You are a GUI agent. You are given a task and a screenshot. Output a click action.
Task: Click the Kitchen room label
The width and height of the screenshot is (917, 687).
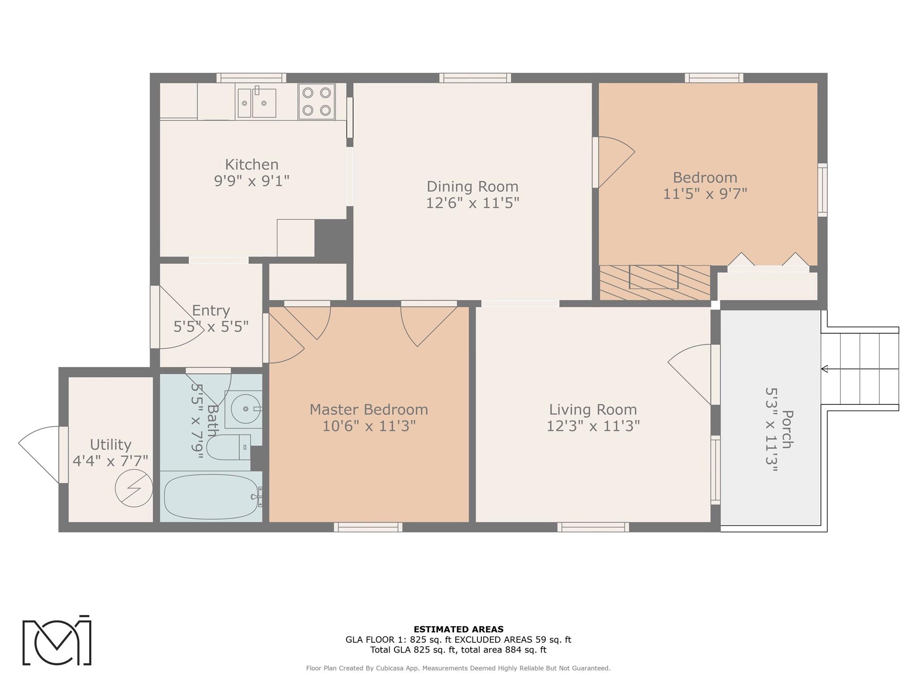pyautogui.click(x=252, y=165)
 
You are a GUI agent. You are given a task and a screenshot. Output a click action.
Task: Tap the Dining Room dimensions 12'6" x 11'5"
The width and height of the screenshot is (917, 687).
pyautogui.click(x=472, y=203)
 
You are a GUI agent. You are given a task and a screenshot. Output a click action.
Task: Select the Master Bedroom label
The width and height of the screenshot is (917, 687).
pyautogui.click(x=369, y=409)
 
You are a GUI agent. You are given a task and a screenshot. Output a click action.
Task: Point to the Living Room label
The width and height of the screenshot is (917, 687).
pyautogui.click(x=593, y=409)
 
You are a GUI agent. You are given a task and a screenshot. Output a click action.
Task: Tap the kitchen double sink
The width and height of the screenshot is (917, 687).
pyautogui.click(x=257, y=102)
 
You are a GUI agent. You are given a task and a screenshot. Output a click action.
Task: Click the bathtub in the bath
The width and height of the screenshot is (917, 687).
pyautogui.click(x=211, y=496)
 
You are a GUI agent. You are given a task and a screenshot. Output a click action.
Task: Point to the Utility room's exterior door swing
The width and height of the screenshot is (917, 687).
pyautogui.click(x=39, y=454)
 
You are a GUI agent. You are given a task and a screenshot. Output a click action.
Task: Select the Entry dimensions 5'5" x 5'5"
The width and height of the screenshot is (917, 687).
pyautogui.click(x=211, y=327)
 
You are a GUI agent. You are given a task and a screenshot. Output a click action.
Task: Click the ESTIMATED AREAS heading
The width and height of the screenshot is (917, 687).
pyautogui.click(x=458, y=629)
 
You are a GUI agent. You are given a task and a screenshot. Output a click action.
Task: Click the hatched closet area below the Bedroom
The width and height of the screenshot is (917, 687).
pyautogui.click(x=655, y=283)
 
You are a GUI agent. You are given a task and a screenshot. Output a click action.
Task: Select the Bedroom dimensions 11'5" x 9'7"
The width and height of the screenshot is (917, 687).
pyautogui.click(x=705, y=194)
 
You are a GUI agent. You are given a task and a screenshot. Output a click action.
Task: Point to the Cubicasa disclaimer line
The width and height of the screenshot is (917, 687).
pyautogui.click(x=458, y=668)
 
